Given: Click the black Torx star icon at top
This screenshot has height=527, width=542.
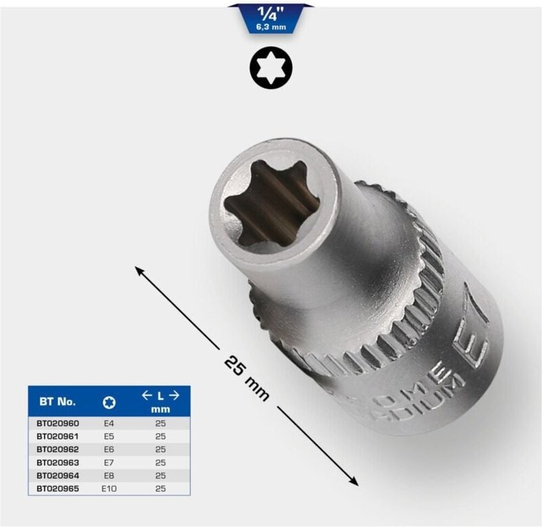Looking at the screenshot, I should click(x=271, y=67).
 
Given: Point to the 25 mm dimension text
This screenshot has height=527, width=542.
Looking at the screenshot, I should click(x=246, y=377).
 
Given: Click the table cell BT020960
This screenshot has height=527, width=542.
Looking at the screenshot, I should click(x=57, y=424).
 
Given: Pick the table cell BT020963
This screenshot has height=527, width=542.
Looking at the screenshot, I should click(x=57, y=462).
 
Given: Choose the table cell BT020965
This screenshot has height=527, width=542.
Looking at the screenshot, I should click(x=57, y=488).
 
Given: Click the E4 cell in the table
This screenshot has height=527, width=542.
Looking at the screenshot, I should click(x=108, y=424).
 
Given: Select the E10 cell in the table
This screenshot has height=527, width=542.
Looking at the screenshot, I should click(x=108, y=488).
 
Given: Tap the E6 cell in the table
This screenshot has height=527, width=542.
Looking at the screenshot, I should click(x=108, y=449).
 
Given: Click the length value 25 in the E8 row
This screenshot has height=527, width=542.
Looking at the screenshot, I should click(x=160, y=475).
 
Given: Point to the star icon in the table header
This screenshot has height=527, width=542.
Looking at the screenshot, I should click(x=108, y=401).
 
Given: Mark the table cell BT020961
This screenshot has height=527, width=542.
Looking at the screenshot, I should click(x=57, y=436).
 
